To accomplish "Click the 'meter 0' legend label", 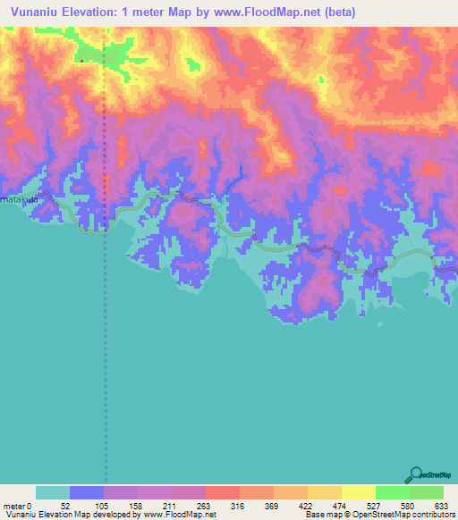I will pyautogui.click(x=17, y=505).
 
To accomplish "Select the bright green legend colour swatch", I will pyautogui.click(x=392, y=492).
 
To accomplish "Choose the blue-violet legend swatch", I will pyautogui.click(x=87, y=492).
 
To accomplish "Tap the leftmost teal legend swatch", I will pyautogui.click(x=53, y=492).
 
